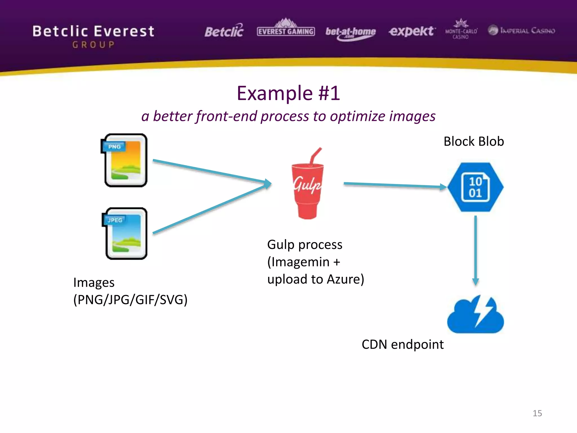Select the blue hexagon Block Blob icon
[475, 187]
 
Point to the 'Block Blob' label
[474, 141]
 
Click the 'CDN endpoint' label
[402, 344]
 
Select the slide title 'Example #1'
[288, 93]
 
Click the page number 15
[537, 413]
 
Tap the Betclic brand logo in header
[224, 31]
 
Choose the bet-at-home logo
[350, 33]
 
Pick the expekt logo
[412, 31]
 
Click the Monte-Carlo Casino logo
[461, 30]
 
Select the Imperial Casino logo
[521, 30]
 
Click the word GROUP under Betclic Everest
[94, 45]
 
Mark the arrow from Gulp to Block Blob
[394, 185]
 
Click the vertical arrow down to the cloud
[476, 249]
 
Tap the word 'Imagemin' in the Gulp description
[300, 262]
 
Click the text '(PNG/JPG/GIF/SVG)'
[130, 300]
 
